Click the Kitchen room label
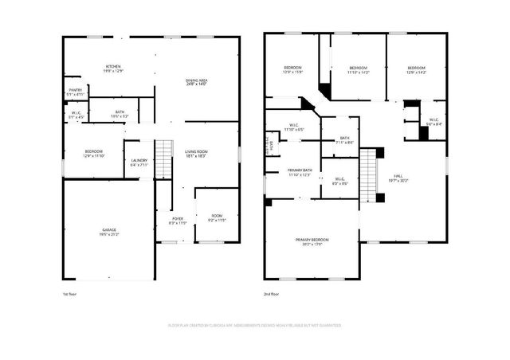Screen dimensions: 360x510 113,68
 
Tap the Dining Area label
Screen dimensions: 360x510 196,84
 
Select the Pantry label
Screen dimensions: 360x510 75,92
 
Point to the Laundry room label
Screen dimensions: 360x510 138,163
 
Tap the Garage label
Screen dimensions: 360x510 108,232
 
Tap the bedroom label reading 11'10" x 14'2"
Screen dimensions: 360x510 358,70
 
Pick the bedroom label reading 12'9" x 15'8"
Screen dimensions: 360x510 293,70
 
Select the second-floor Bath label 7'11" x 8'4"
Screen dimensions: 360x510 345,140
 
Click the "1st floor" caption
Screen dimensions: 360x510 71,294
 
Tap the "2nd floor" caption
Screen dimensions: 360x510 272,294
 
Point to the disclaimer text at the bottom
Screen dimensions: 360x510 255,325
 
